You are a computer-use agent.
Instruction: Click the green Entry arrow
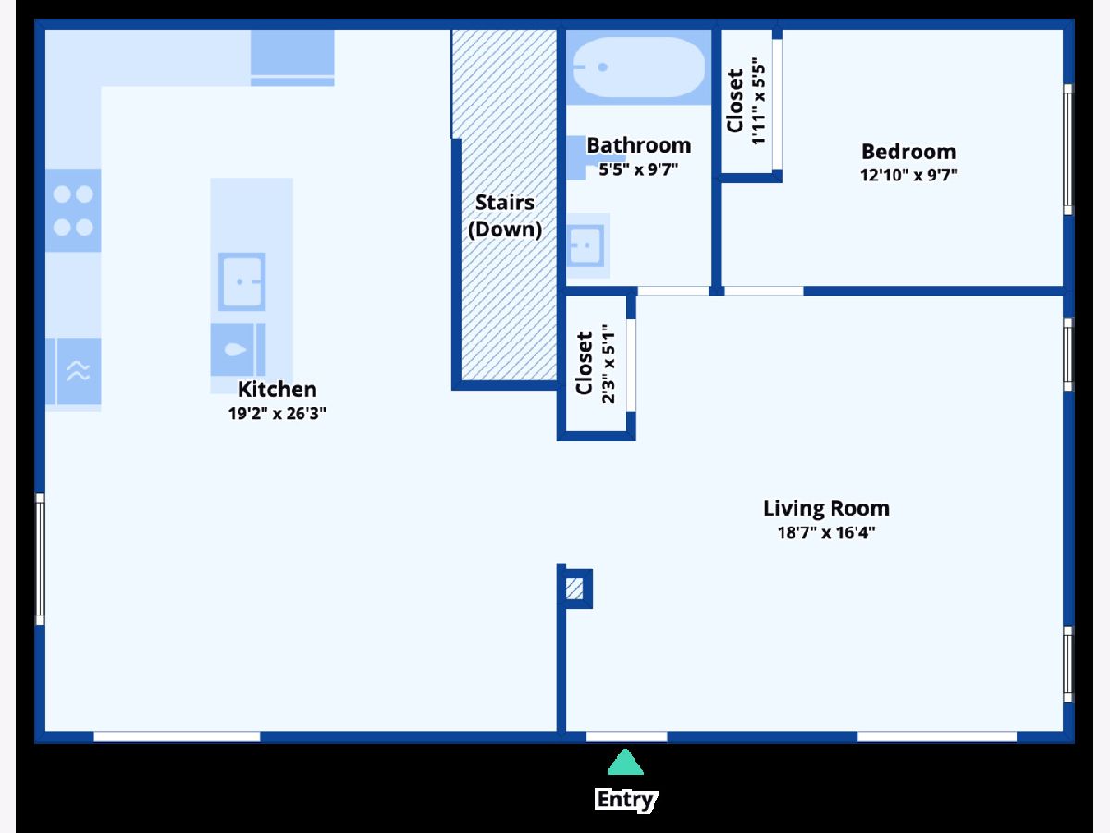(x=625, y=762)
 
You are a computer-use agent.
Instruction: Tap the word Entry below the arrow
(x=625, y=800)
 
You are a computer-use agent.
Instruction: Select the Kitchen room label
(x=277, y=390)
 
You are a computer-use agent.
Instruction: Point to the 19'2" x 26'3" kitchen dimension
(x=277, y=414)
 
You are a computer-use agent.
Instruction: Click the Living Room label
(x=826, y=508)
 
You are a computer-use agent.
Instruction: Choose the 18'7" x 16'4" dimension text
(x=826, y=532)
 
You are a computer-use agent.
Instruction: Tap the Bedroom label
(x=908, y=152)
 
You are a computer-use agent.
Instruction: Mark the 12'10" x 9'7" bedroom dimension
(x=908, y=176)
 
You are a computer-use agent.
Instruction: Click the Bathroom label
(x=638, y=145)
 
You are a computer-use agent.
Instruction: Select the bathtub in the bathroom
(x=638, y=67)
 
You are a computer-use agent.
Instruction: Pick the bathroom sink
(x=586, y=246)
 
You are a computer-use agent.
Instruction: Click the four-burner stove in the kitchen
(x=73, y=210)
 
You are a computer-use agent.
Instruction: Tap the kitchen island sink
(x=241, y=281)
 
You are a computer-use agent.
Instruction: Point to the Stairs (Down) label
(x=505, y=216)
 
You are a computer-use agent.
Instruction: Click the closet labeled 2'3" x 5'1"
(x=597, y=363)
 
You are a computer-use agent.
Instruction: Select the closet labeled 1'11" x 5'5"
(x=746, y=101)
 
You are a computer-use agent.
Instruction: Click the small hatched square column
(x=574, y=589)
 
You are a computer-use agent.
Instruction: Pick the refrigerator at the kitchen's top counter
(x=292, y=57)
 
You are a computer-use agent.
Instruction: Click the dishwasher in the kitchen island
(x=238, y=350)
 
